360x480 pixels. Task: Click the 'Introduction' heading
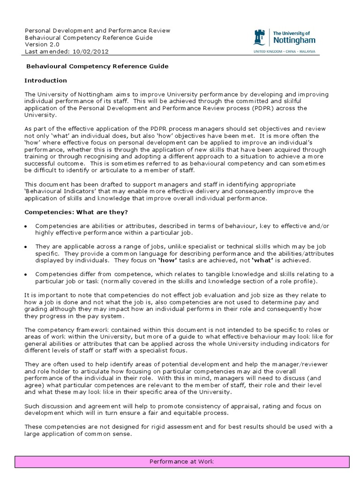[x=45, y=80]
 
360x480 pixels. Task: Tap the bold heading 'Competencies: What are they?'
[x=76, y=212]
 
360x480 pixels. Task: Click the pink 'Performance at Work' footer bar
[x=181, y=462]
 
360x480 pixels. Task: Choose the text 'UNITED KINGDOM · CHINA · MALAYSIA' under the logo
[x=284, y=51]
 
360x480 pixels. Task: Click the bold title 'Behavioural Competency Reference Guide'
[x=96, y=66]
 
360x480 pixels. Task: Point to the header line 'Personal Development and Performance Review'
[x=97, y=30]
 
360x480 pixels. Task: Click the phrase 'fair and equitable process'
[x=189, y=413]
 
